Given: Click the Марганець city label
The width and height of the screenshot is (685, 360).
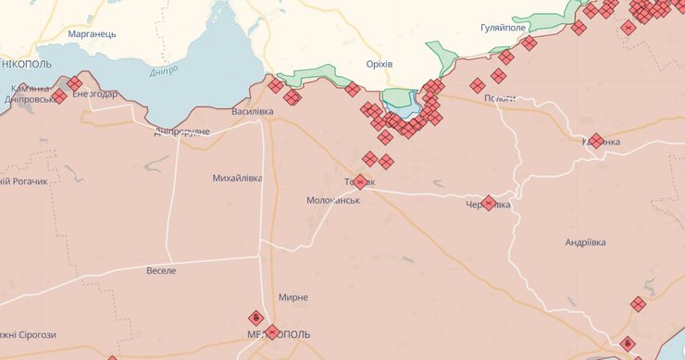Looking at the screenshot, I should click(x=93, y=34).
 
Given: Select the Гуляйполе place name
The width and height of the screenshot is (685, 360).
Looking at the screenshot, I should click(x=504, y=29).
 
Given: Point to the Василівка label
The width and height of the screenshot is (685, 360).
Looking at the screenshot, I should click(x=253, y=112).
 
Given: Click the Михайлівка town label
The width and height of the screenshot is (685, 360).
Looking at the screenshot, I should click(x=238, y=178).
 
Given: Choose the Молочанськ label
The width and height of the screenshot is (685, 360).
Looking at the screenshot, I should click(x=332, y=200).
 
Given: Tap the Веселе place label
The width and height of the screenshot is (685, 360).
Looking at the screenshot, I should click(x=161, y=270).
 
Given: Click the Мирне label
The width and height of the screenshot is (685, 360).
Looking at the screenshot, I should click(x=293, y=297).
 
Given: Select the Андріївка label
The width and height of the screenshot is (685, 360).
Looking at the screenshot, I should click(x=586, y=242).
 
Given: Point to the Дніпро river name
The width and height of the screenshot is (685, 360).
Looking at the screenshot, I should click(x=164, y=72).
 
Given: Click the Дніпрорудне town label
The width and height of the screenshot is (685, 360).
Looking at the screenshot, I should click(x=181, y=131).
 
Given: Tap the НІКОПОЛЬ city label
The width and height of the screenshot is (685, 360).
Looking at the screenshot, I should click(x=27, y=64).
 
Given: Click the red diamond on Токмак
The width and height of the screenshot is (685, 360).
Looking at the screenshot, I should click(x=360, y=182).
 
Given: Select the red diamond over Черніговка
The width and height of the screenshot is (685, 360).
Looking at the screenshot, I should click(x=489, y=203).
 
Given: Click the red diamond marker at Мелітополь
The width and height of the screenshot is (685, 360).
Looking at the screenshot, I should click(x=271, y=332).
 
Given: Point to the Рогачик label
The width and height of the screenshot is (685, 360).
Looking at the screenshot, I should click(x=26, y=181).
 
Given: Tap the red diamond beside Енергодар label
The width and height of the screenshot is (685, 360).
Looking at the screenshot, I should click(x=74, y=83).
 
